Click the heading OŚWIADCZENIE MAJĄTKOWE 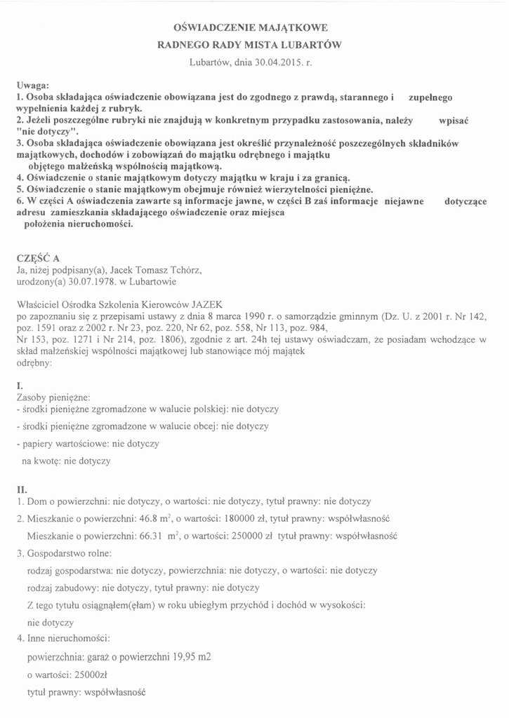tap(251, 29)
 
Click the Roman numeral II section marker tap(21, 488)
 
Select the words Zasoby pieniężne tap(53, 398)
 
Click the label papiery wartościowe tap(64, 443)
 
